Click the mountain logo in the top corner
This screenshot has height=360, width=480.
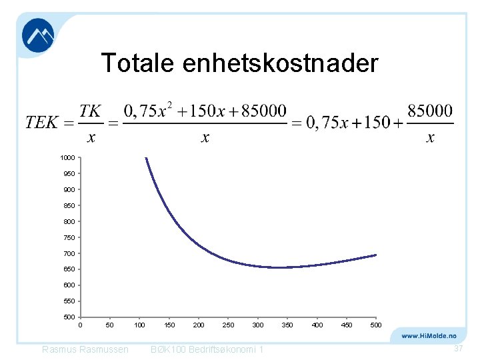tap(38, 35)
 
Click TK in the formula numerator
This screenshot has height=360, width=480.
tap(91, 111)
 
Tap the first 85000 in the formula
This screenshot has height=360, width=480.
tap(263, 109)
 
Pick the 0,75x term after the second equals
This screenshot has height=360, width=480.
tap(327, 123)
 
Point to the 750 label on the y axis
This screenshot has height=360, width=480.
tap(69, 237)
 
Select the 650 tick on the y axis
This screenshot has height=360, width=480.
tap(69, 269)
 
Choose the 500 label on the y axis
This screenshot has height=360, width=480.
tap(69, 317)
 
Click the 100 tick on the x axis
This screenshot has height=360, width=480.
tap(140, 325)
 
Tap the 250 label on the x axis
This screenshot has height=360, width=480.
tap(229, 325)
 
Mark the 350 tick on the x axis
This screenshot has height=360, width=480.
tap(287, 325)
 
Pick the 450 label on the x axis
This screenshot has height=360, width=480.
tap(347, 325)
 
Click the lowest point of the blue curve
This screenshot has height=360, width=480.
tap(280, 267)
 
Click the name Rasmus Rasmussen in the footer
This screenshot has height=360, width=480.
tap(85, 350)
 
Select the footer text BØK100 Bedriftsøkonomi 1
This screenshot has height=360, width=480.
tap(207, 350)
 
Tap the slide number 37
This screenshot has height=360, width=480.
tap(458, 349)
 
